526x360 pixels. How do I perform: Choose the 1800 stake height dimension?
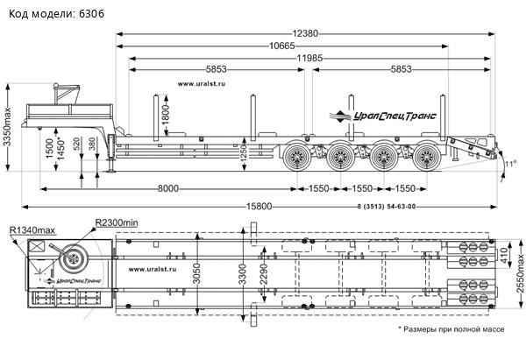[164, 113]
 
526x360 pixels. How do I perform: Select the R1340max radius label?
[33, 229]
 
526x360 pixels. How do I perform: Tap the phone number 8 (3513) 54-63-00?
[387, 207]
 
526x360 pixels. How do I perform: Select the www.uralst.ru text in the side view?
[202, 85]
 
